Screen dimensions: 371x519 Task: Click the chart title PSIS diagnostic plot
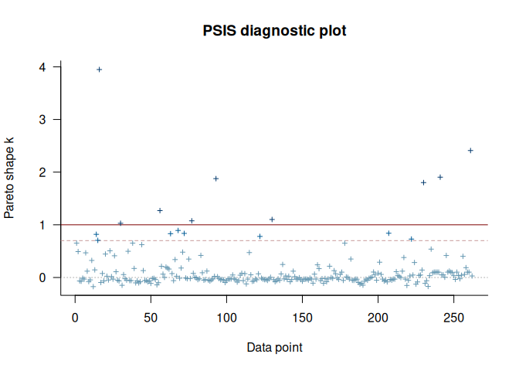click(275, 32)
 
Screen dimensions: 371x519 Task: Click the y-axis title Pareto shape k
click(9, 172)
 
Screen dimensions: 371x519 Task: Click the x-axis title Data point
click(274, 347)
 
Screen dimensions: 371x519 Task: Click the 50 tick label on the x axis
click(151, 318)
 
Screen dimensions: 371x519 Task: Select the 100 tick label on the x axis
click(226, 318)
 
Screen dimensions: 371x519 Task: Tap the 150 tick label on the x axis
click(302, 318)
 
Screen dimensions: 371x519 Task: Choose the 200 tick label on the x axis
click(378, 318)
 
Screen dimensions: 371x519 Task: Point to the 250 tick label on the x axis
click(453, 318)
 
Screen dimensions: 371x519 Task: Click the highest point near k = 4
click(100, 70)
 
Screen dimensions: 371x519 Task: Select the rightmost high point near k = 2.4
click(470, 150)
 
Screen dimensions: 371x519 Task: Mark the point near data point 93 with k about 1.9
click(216, 179)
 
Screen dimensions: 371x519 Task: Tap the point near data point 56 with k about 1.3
click(160, 210)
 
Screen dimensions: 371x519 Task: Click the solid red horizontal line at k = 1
click(309, 225)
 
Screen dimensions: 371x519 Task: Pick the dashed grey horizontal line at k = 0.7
click(309, 240)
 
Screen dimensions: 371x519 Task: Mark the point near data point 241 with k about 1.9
click(440, 177)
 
